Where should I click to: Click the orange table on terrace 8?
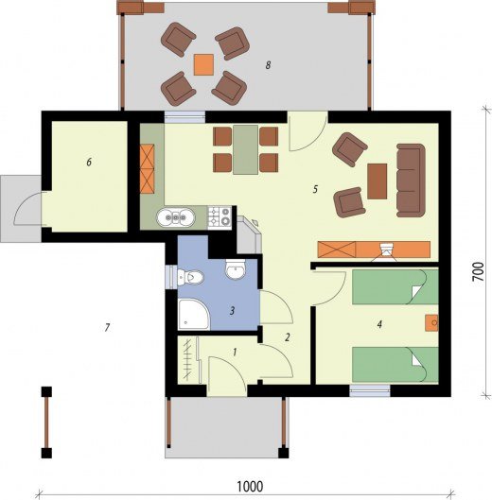[x=203, y=64]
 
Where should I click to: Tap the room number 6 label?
[x=89, y=162]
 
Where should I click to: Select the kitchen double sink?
[x=175, y=217]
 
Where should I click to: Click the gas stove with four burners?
[x=220, y=216]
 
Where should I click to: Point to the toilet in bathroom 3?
[x=190, y=277]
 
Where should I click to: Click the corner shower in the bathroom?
[x=193, y=315]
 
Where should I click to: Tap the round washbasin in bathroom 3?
[x=236, y=268]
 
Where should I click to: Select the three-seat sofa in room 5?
[x=411, y=181]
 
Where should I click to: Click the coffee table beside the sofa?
[x=378, y=181]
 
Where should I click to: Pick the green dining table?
[x=245, y=150]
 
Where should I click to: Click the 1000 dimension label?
[x=250, y=487]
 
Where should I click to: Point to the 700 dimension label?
[x=478, y=271]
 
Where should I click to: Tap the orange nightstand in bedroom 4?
[x=431, y=323]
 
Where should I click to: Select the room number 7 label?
[x=107, y=327]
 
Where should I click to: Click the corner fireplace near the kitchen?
[x=250, y=235]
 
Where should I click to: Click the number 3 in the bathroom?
[x=233, y=310]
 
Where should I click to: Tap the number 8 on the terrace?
[x=268, y=65]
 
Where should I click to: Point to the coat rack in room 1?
[x=190, y=360]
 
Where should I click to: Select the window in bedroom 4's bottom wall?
[x=370, y=390]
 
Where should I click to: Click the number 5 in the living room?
[x=315, y=189]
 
